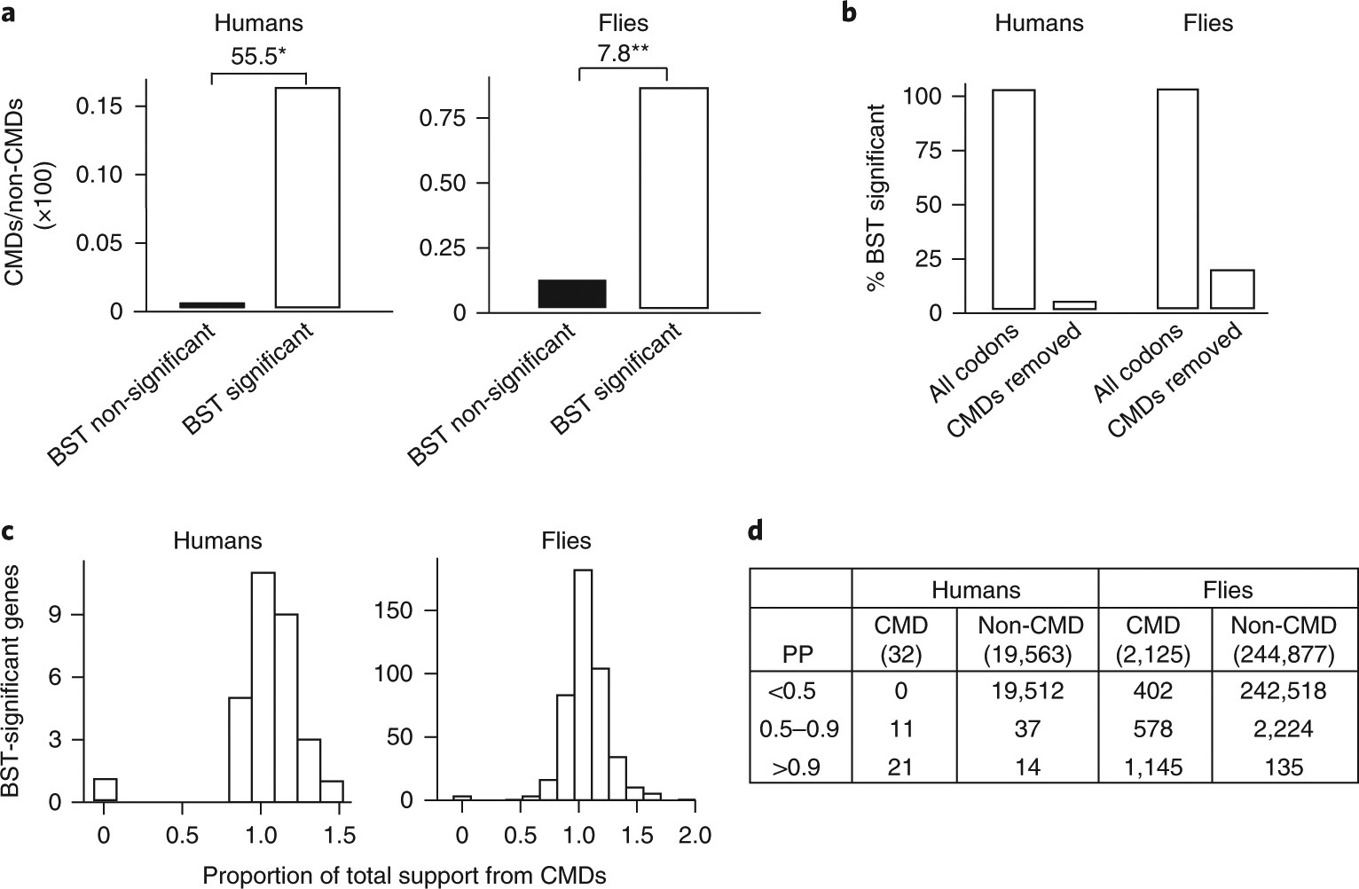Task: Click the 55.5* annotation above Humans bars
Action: (x=258, y=57)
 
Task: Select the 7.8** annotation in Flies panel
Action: (x=622, y=53)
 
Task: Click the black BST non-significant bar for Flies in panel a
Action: (x=571, y=294)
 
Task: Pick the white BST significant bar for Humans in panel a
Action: (x=307, y=198)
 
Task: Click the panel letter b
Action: (x=849, y=15)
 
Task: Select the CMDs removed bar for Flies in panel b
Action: (x=1232, y=289)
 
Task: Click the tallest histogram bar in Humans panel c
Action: (x=263, y=688)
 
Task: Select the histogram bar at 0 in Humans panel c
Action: (x=106, y=790)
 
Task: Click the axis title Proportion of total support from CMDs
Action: (x=405, y=876)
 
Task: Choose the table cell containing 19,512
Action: (x=1029, y=690)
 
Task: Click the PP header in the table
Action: (x=800, y=655)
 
